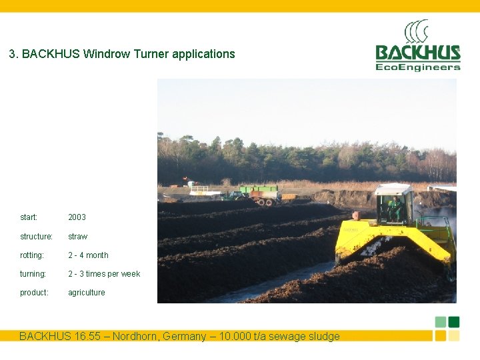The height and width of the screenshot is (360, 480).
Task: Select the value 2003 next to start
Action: pos(77,217)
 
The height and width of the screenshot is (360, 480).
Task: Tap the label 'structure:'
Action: pos(36,237)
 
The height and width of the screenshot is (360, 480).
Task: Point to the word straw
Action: pos(77,237)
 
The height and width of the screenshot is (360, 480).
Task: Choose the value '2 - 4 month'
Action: pos(88,255)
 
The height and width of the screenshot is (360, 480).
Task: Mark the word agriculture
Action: pos(87,293)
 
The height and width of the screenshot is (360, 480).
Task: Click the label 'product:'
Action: pos(34,293)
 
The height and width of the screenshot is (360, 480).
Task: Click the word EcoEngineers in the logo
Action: pos(418,67)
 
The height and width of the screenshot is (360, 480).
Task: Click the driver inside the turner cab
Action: pos(396,207)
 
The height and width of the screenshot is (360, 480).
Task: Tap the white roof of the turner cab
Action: pos(393,189)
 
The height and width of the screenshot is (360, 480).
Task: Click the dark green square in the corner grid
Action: pos(454,321)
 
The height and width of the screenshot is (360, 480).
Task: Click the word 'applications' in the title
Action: pos(203,54)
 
